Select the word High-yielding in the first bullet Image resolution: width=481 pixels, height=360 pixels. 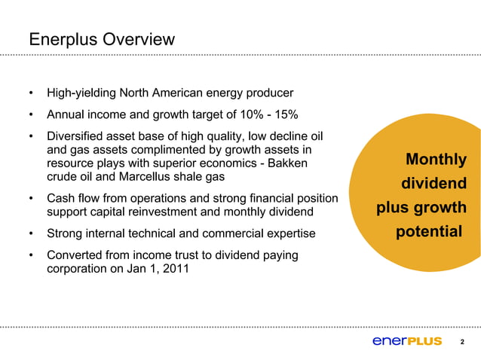pyautogui.click(x=81, y=94)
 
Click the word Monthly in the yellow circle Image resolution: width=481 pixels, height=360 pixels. pyautogui.click(x=436, y=160)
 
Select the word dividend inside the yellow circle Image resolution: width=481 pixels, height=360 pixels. pyautogui.click(x=434, y=184)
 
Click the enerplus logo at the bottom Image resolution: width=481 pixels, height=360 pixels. pyautogui.click(x=407, y=341)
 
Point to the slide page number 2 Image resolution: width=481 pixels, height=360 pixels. pyautogui.click(x=462, y=343)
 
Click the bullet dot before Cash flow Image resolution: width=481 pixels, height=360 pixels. pyautogui.click(x=31, y=199)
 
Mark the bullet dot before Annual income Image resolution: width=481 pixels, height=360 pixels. pyautogui.click(x=31, y=114)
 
